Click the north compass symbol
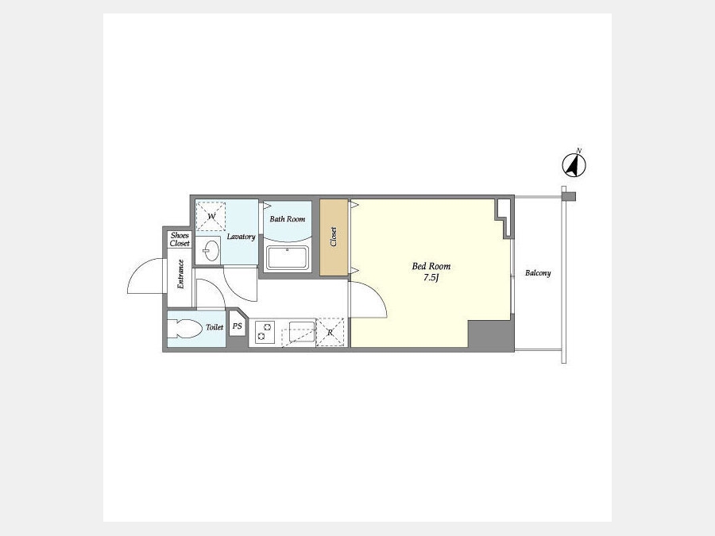(x=574, y=164)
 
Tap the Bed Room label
(x=431, y=266)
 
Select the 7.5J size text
(x=431, y=278)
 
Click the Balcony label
(x=538, y=273)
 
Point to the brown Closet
(x=334, y=237)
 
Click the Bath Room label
(x=288, y=219)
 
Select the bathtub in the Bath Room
(x=288, y=258)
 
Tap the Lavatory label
(x=241, y=237)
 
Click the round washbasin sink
(x=211, y=250)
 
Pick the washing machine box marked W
(x=211, y=217)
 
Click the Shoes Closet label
(x=180, y=239)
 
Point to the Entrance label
(x=180, y=274)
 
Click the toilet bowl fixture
(x=184, y=328)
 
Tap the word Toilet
(x=214, y=327)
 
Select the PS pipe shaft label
(x=237, y=326)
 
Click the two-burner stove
(x=265, y=332)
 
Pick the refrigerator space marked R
(x=330, y=332)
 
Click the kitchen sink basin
(x=302, y=331)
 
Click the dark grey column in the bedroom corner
(x=490, y=335)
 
